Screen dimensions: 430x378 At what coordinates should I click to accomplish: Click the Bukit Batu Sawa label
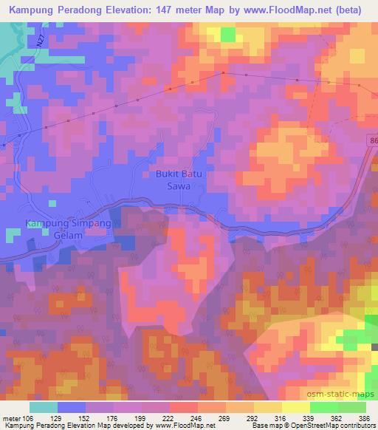173,181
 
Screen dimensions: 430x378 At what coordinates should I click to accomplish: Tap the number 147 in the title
170,10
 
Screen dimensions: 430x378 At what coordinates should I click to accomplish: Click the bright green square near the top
227,34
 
